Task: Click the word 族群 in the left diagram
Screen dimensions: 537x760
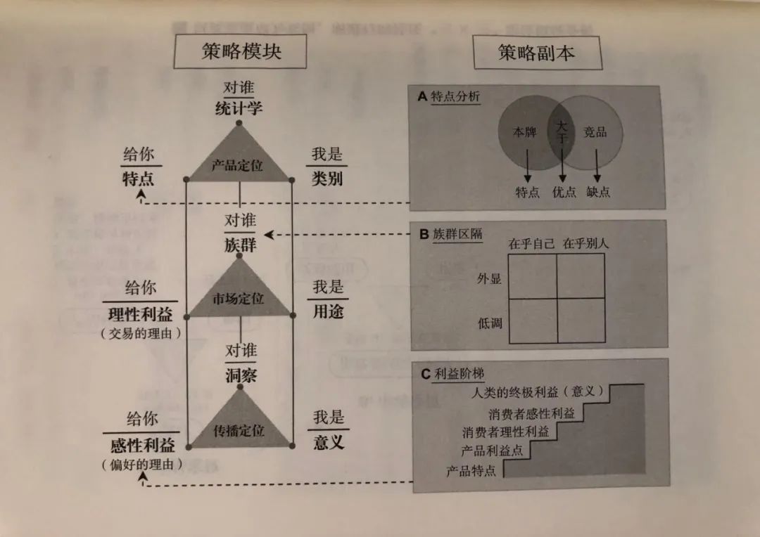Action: click(241, 245)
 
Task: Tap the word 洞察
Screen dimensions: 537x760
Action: click(241, 375)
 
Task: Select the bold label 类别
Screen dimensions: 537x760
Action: click(327, 177)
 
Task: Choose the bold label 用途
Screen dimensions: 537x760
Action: click(328, 311)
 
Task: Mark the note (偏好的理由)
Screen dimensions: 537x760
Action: click(141, 464)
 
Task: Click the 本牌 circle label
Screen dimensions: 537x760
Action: click(524, 131)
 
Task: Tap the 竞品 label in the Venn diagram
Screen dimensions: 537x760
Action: click(595, 131)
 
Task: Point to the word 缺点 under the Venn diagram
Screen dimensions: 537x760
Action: click(598, 192)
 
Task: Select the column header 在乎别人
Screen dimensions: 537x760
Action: click(585, 244)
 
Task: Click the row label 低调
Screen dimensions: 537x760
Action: click(489, 323)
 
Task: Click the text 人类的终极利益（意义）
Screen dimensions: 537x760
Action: click(540, 392)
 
